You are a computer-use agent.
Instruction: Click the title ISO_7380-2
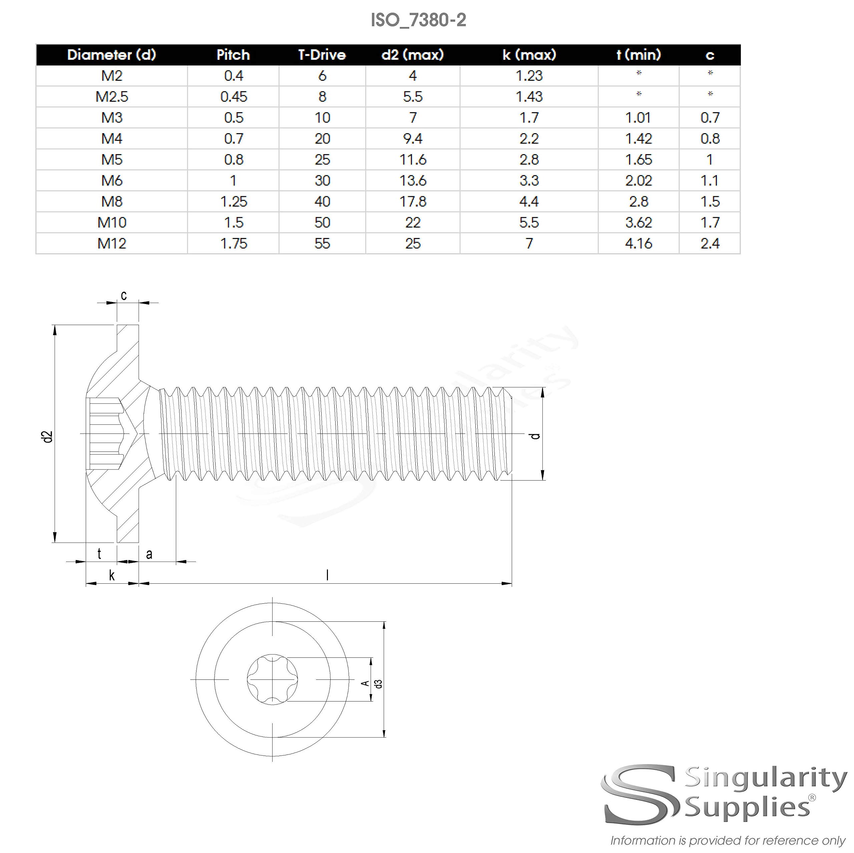pyautogui.click(x=418, y=20)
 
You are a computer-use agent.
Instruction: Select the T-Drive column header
pyautogui.click(x=322, y=55)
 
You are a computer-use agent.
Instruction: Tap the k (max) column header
pyautogui.click(x=529, y=55)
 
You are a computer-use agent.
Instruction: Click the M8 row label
pyautogui.click(x=112, y=202)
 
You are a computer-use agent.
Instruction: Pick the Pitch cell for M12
pyautogui.click(x=234, y=244)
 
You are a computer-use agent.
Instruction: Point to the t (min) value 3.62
pyautogui.click(x=638, y=222)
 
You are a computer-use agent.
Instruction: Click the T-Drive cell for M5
pyautogui.click(x=322, y=160)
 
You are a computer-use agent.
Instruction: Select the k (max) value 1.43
pyautogui.click(x=529, y=97)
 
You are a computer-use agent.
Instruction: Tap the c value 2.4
pyautogui.click(x=710, y=244)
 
